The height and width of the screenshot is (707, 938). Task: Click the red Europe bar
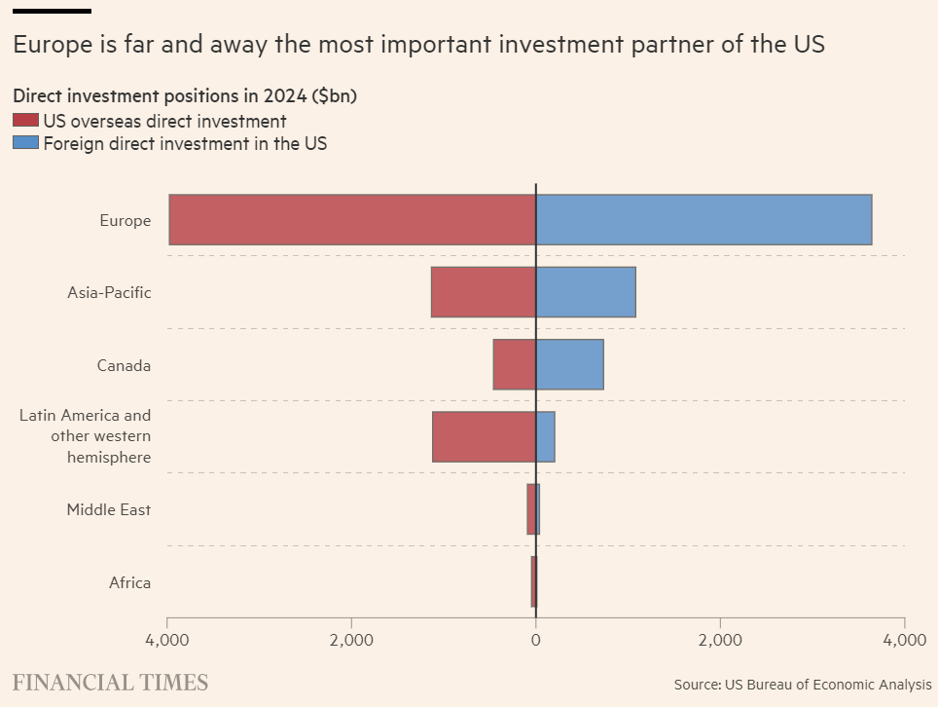(x=352, y=219)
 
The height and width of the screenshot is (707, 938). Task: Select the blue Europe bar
(x=703, y=219)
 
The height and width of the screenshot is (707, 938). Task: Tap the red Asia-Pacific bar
(x=484, y=292)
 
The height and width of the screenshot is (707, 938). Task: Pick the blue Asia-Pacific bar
(x=586, y=292)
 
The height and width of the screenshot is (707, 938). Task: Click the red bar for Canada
(x=515, y=364)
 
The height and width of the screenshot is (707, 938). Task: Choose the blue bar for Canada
(x=569, y=364)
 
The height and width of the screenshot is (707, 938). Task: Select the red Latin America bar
(x=484, y=436)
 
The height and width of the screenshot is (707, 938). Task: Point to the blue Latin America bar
(x=546, y=436)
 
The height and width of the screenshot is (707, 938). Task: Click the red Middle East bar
(x=531, y=509)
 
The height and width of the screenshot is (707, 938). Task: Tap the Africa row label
(x=129, y=582)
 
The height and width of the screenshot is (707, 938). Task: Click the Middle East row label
(x=108, y=509)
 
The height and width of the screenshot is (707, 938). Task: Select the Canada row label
(x=124, y=365)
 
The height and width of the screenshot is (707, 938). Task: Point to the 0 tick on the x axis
(x=536, y=640)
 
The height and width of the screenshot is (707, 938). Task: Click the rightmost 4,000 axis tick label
(x=904, y=640)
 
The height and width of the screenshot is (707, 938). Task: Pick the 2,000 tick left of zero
(x=351, y=640)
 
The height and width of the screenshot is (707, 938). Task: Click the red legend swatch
(x=25, y=121)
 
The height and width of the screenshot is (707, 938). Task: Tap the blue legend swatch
(x=25, y=143)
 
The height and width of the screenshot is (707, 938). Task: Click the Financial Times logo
(x=110, y=681)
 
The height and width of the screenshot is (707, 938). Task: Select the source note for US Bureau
(x=803, y=685)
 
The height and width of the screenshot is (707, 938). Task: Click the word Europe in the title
(x=47, y=44)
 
